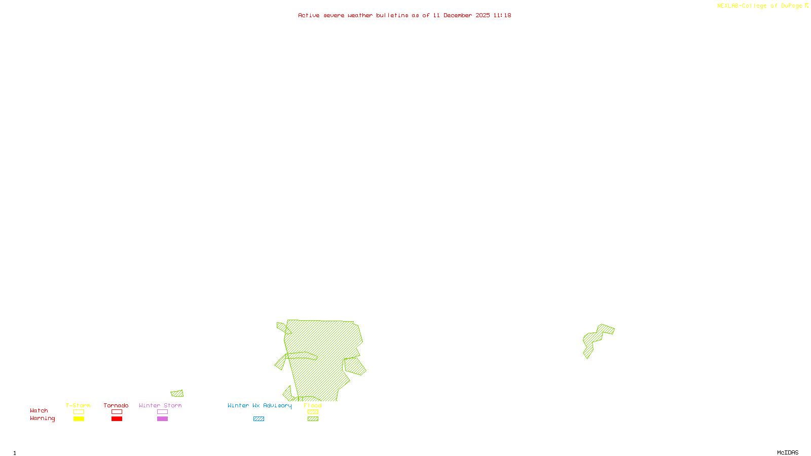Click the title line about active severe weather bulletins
(x=404, y=15)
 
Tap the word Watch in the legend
(x=39, y=410)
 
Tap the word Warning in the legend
(x=42, y=419)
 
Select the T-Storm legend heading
(x=78, y=405)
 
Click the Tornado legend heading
(x=116, y=405)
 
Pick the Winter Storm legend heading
(x=160, y=405)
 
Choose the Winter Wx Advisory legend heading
(x=260, y=405)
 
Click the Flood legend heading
(x=313, y=405)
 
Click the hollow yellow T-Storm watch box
(x=79, y=412)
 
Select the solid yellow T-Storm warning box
(x=79, y=419)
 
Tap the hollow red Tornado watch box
(x=117, y=412)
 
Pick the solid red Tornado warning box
(x=117, y=419)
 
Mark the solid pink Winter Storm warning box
(x=162, y=419)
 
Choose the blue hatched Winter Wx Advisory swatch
(x=259, y=419)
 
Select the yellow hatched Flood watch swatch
(x=313, y=412)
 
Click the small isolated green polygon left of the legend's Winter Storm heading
(x=177, y=394)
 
